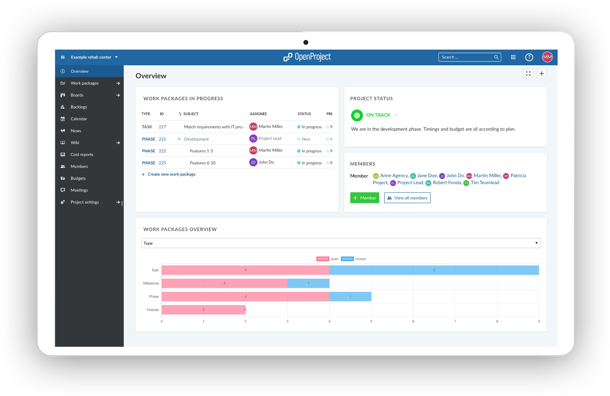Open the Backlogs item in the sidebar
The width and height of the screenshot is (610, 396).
click(79, 107)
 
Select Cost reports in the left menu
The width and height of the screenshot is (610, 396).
click(82, 154)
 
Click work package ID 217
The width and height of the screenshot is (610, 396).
click(162, 127)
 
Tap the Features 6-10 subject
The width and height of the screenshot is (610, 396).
click(203, 163)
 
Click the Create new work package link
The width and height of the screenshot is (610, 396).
click(171, 174)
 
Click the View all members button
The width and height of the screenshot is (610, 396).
click(407, 198)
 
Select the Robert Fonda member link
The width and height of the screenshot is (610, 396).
click(447, 183)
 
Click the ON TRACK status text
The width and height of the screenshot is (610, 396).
click(378, 115)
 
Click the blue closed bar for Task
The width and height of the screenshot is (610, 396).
click(434, 270)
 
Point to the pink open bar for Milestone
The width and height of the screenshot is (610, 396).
click(224, 283)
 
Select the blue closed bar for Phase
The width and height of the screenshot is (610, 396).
click(350, 296)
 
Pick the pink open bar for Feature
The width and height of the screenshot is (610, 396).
click(203, 310)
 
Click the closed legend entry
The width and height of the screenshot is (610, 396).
click(360, 259)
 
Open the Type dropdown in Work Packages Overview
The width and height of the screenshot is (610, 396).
click(341, 243)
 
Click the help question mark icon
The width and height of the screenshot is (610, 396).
click(529, 57)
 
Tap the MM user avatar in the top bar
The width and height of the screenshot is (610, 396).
click(547, 57)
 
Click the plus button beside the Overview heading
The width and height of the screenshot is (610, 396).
click(542, 73)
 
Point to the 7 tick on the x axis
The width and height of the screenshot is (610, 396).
click(455, 321)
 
